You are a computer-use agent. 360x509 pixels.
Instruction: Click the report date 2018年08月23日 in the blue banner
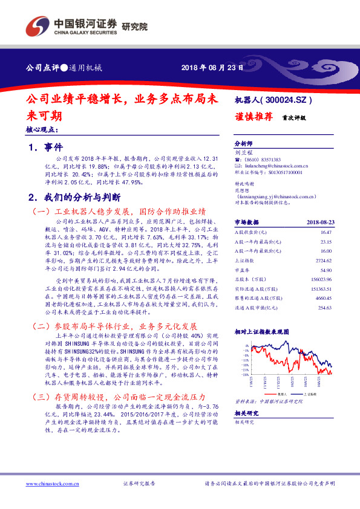pyautogui.click(x=211, y=68)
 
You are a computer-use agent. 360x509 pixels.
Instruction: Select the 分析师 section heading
pyautogui.click(x=243, y=144)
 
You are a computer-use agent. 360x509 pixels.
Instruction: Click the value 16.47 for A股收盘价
pyautogui.click(x=326, y=232)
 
